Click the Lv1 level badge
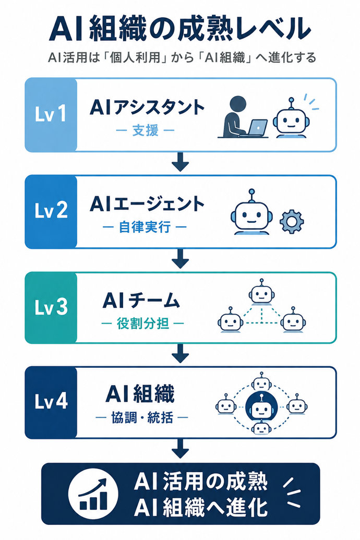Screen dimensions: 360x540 [x=51, y=115]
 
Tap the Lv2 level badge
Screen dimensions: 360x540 [x=51, y=211]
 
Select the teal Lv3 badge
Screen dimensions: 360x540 [x=51, y=307]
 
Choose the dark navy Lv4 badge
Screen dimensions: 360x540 [x=51, y=402]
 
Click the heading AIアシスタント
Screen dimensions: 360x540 [x=147, y=108]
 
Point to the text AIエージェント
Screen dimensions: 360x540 [x=147, y=204]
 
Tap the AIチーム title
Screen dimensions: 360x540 [x=141, y=300]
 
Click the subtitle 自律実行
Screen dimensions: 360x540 [x=145, y=227]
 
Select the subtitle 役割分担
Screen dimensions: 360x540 [x=143, y=323]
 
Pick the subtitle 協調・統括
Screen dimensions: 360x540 [x=142, y=418]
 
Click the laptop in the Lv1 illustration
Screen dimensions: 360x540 [x=255, y=128]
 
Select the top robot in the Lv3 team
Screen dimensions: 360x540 [x=262, y=292]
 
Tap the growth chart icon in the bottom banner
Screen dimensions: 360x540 [x=93, y=494]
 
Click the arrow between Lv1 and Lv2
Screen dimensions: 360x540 [x=180, y=163]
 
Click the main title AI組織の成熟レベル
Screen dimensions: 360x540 [x=180, y=30]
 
